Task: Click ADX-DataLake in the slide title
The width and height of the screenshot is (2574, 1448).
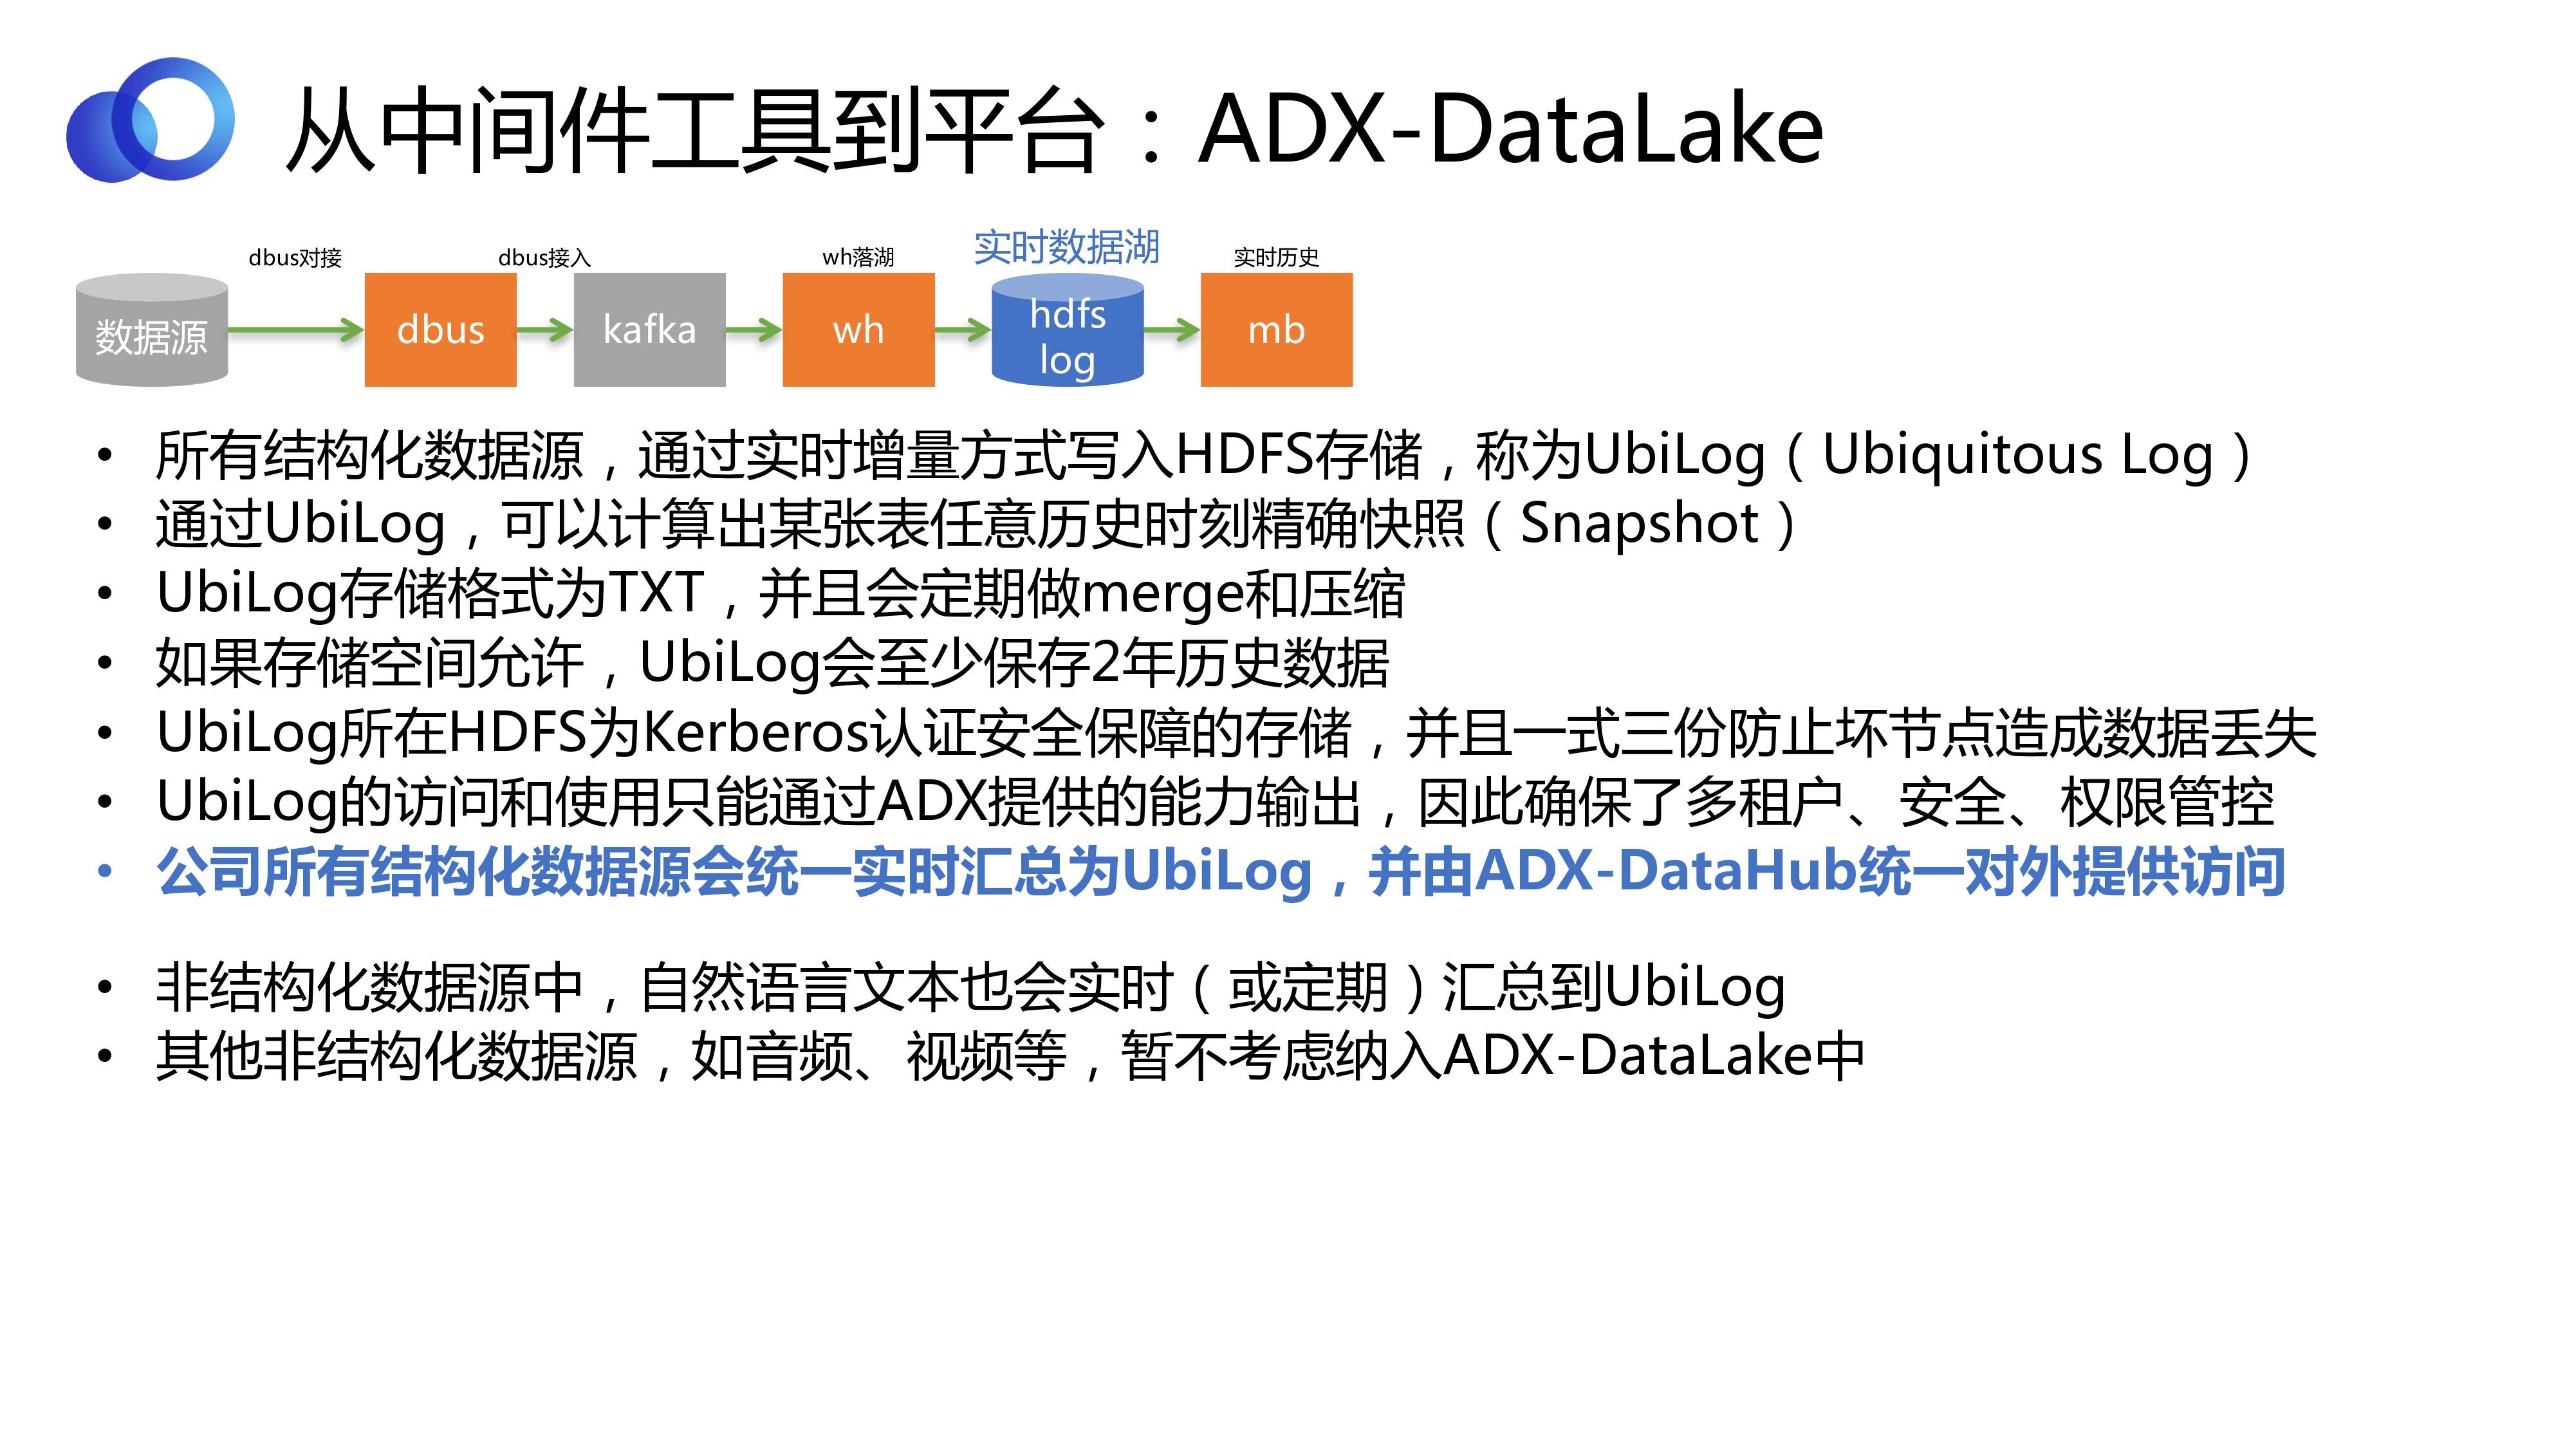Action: (1511, 129)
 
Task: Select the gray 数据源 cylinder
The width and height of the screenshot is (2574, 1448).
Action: (152, 330)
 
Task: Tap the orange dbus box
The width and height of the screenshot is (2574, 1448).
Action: (441, 330)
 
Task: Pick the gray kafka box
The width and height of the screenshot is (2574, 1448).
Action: (649, 330)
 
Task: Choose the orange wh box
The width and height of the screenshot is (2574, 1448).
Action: (858, 330)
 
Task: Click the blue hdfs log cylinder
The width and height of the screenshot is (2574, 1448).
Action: (1067, 330)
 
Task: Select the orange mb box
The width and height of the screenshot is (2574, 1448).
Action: (1276, 330)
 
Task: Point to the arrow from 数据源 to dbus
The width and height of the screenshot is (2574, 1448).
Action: (297, 330)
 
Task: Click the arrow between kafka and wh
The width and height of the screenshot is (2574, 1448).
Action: (754, 330)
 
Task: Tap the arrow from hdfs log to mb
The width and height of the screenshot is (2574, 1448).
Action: (1172, 330)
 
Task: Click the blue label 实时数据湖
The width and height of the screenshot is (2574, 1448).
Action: (1067, 247)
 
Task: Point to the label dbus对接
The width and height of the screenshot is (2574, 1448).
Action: (295, 258)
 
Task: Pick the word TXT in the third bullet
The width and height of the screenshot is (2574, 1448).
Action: (656, 593)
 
